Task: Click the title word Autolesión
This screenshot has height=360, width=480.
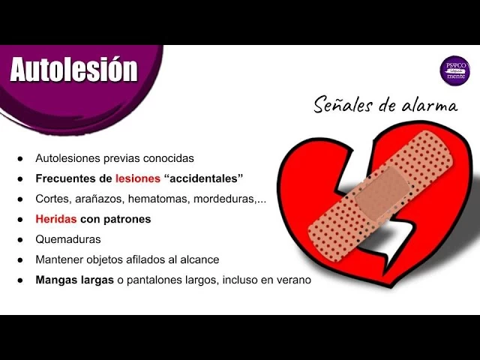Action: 73,70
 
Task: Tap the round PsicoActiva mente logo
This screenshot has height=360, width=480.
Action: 454,69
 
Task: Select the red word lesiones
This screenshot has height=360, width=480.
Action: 138,178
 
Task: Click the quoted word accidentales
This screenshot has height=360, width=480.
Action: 203,178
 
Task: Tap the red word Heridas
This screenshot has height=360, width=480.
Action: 56,219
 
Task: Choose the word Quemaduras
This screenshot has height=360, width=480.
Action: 68,239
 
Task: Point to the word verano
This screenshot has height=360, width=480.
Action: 293,280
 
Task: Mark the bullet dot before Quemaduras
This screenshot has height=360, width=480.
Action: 20,240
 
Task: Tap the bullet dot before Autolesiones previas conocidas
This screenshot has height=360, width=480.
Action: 20,159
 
